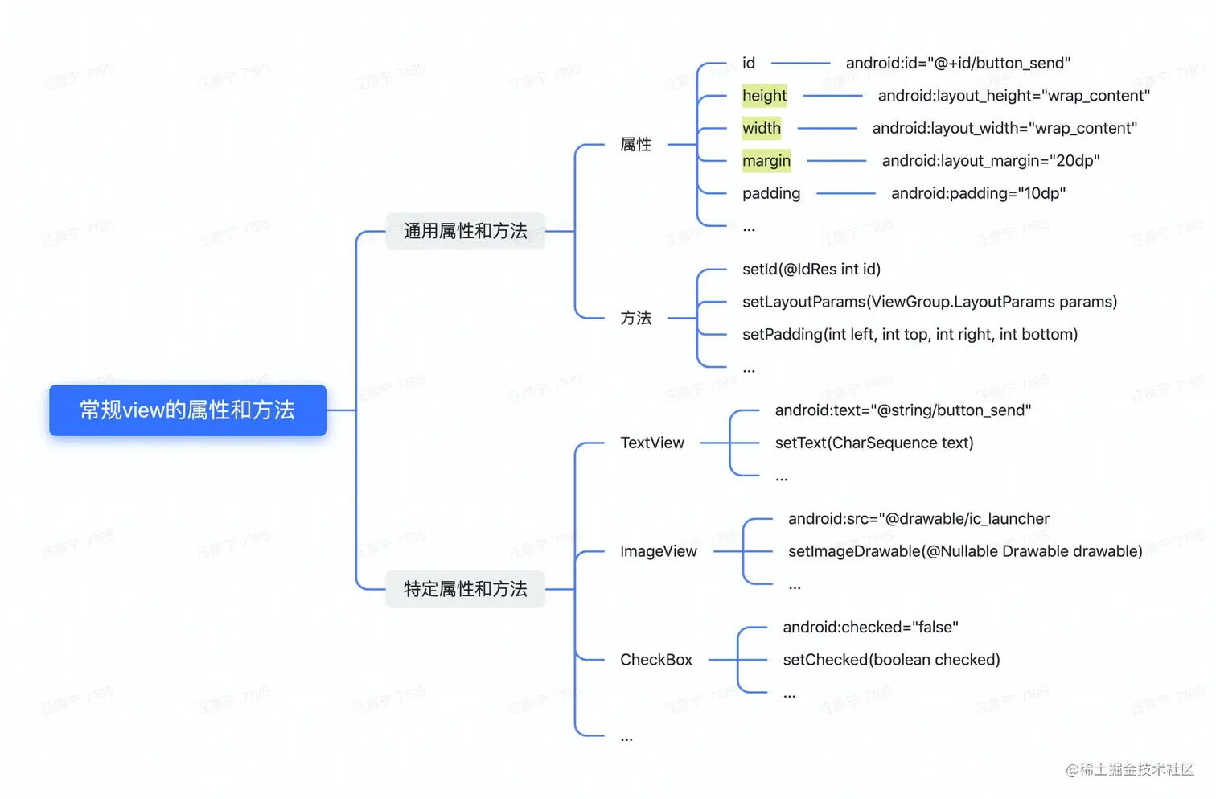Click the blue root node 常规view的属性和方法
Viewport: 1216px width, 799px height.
tap(187, 410)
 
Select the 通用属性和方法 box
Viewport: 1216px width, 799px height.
tap(465, 232)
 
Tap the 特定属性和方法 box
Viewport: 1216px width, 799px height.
tap(465, 589)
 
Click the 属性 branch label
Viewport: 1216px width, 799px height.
tap(635, 145)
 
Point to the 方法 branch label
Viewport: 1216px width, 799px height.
tap(635, 319)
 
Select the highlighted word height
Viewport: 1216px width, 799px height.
tap(764, 96)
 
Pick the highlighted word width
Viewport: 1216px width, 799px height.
tap(761, 129)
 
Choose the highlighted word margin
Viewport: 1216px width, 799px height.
tap(766, 161)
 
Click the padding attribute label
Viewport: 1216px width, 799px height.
tap(770, 194)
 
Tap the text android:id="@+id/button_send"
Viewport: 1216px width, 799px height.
tap(957, 64)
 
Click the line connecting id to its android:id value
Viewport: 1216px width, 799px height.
tap(800, 63)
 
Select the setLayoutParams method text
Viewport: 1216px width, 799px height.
tap(929, 302)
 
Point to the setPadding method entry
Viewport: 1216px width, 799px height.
tap(909, 335)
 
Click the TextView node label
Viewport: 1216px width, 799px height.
tap(651, 443)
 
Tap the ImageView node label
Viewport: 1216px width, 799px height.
tap(658, 552)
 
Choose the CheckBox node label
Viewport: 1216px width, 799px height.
tap(655, 660)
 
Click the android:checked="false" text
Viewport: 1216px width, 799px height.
tap(870, 628)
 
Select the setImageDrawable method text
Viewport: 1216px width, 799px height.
tap(964, 552)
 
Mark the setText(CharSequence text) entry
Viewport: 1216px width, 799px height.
tap(873, 443)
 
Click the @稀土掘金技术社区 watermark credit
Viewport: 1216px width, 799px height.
tap(1129, 770)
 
